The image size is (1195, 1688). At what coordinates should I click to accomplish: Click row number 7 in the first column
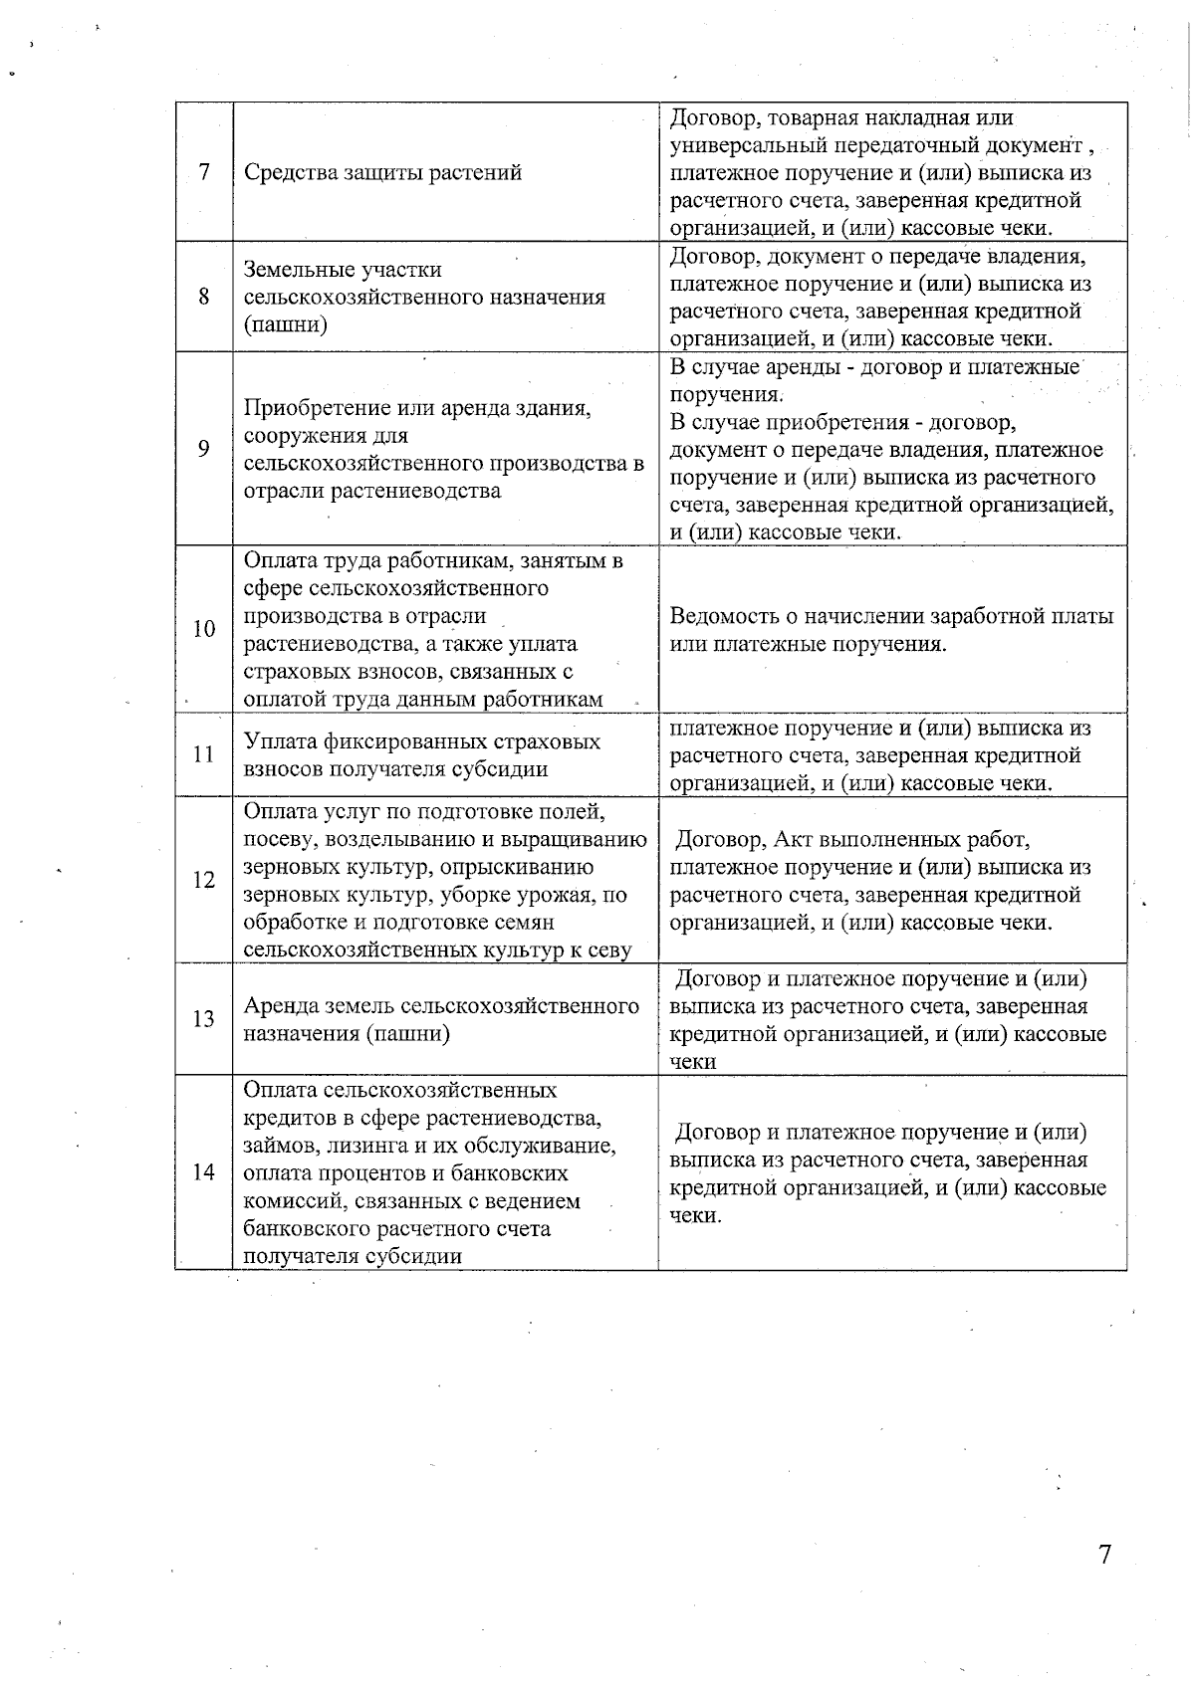204,172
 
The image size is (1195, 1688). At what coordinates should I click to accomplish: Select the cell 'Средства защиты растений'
383,172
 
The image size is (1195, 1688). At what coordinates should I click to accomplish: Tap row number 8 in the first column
204,297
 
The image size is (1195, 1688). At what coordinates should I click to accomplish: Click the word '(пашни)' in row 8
286,324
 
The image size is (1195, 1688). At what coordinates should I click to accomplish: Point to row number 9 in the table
204,449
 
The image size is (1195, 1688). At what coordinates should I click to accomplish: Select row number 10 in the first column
204,629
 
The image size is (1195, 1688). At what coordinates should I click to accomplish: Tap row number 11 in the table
204,754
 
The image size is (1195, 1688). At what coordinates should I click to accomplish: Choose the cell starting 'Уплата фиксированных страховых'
422,754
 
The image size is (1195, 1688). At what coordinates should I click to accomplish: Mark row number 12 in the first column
204,880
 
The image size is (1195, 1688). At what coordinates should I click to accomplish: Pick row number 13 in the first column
204,1019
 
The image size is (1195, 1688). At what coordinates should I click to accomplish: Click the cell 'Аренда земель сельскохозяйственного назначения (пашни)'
441,1019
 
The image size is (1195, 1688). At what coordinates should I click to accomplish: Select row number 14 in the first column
204,1171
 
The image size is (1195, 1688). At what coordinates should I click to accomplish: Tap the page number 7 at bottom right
1104,1555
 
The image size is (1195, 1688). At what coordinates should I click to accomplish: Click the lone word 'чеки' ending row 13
692,1062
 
